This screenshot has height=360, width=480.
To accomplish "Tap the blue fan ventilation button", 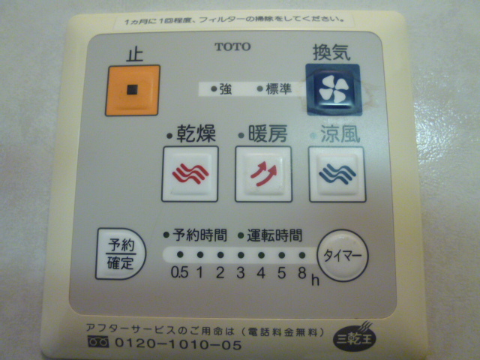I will [332, 90].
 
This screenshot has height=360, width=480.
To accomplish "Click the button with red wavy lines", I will [190, 174].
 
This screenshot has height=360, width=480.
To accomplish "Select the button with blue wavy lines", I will [336, 174].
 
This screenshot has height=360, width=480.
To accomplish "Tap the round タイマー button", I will [342, 255].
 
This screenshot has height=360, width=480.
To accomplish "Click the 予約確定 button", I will [118, 253].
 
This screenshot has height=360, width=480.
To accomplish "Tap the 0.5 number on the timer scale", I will [179, 272].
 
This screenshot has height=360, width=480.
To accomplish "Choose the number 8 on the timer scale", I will [301, 272].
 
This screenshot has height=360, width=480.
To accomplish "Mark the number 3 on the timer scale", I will [240, 272].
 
